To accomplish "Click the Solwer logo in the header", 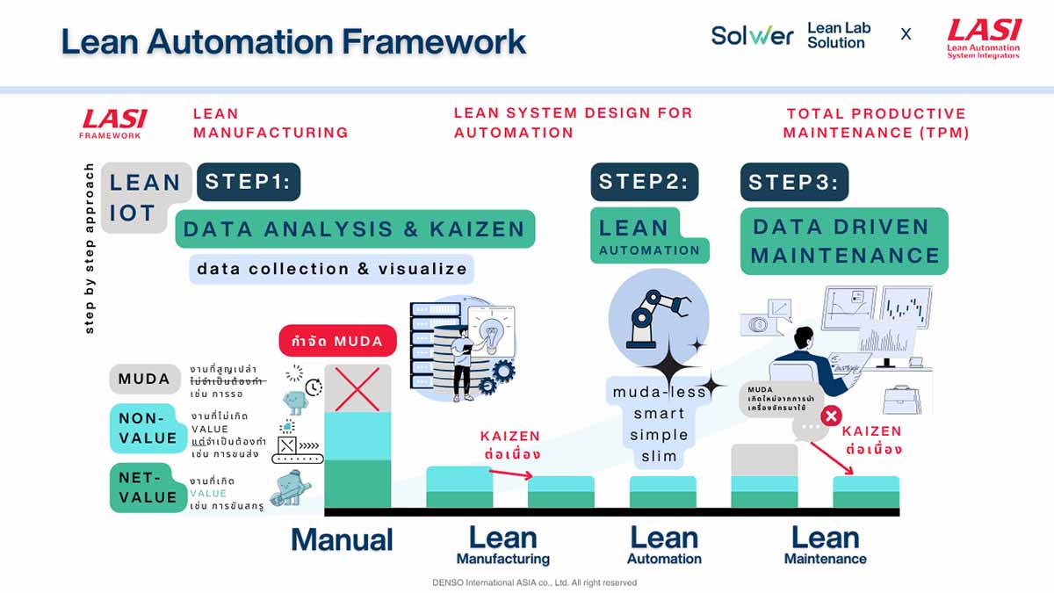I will (752, 35).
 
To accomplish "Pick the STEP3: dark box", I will (794, 183).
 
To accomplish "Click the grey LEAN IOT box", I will (146, 198).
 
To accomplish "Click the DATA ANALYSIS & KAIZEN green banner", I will (354, 229).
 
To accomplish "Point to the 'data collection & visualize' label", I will (332, 269).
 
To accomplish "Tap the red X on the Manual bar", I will (357, 388).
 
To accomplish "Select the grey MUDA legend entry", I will (145, 380).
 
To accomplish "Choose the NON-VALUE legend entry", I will (147, 429).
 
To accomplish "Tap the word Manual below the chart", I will (342, 539).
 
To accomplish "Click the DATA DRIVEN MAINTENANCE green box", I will (844, 241).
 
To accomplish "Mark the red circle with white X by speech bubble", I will (830, 416).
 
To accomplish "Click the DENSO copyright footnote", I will (534, 582).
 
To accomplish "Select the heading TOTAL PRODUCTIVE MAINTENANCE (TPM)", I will (876, 123).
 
